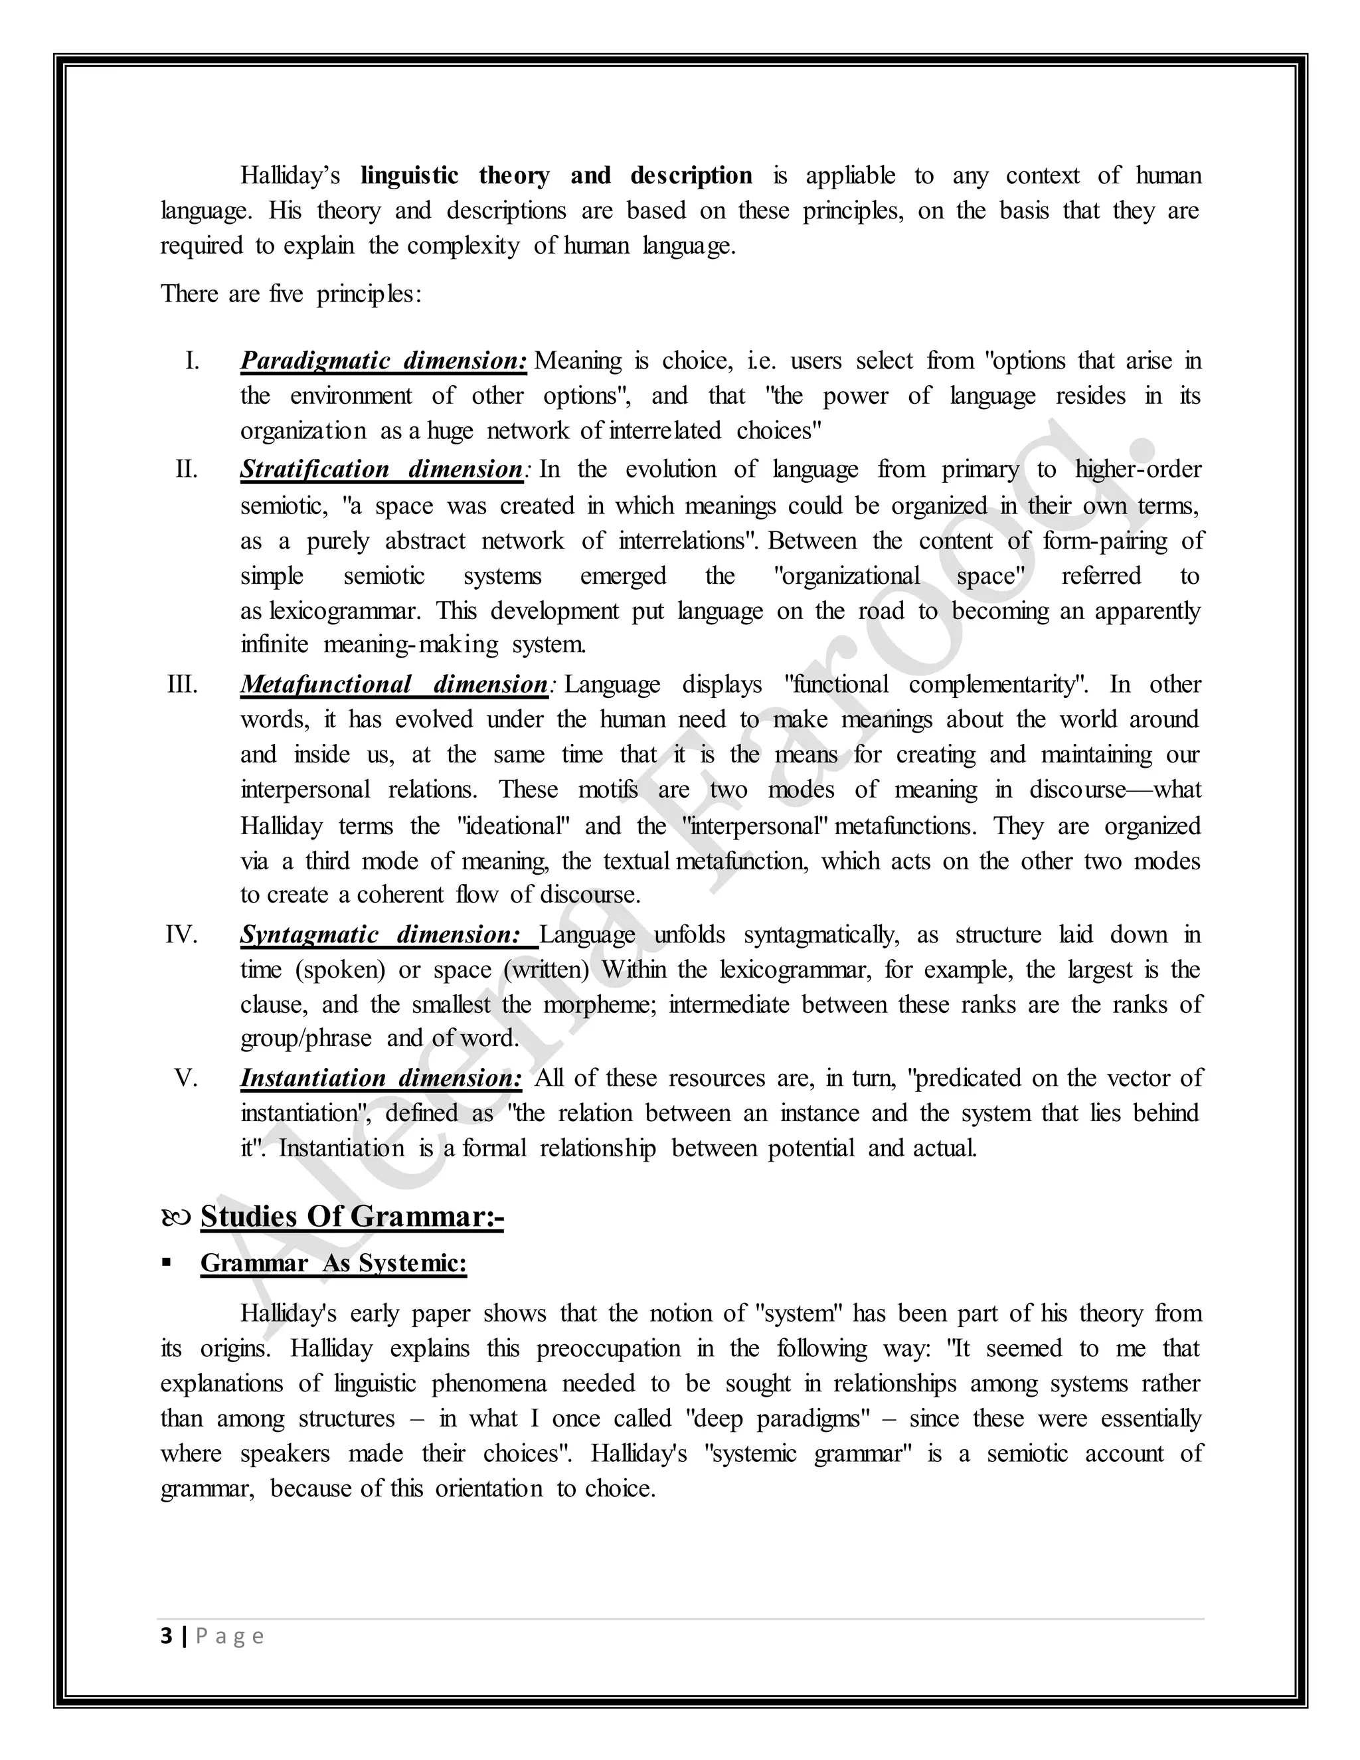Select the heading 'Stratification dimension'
[382, 469]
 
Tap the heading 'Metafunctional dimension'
[394, 684]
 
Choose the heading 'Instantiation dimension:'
[381, 1077]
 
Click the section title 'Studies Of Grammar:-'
[352, 1216]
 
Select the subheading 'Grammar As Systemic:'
[333, 1263]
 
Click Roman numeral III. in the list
[182, 684]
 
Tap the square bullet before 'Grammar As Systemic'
[167, 1262]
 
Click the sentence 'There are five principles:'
[291, 294]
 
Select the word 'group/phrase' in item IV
[306, 1038]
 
